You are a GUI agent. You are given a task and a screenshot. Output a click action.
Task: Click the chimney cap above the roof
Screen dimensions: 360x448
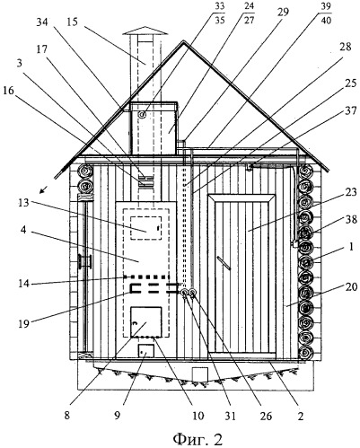145,31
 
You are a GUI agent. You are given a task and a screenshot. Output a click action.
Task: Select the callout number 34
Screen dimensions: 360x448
42,22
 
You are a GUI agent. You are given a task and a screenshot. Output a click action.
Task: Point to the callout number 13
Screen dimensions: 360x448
23,203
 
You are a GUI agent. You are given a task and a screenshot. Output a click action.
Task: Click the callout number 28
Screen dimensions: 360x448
345,47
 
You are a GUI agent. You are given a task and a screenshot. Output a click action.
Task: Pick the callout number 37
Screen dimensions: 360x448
351,111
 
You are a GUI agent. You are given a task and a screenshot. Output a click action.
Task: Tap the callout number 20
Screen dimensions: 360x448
351,287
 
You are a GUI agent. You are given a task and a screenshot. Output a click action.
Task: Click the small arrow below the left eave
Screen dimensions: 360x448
44,189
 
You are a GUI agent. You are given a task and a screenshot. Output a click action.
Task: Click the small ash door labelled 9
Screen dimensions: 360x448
146,350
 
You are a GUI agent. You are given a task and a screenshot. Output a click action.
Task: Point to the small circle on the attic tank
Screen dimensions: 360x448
142,114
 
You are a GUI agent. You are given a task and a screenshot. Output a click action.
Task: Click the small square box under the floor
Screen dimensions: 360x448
200,374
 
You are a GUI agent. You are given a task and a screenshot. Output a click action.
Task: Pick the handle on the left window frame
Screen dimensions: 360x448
85,261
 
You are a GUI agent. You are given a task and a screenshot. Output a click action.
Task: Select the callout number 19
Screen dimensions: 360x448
23,323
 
